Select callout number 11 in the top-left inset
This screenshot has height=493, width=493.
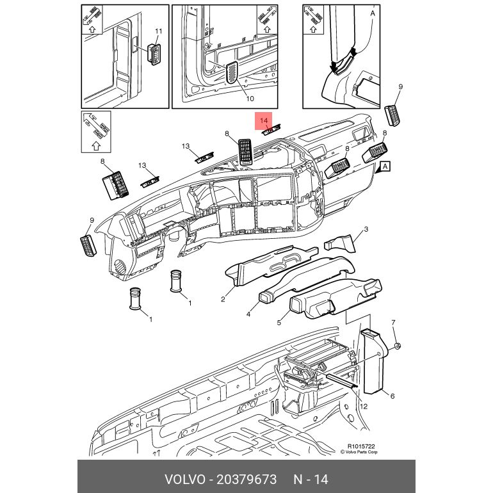(x=159, y=31)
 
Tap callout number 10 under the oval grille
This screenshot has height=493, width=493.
(x=249, y=99)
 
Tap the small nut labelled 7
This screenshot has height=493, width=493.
(x=398, y=346)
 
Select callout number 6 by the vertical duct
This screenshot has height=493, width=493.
(x=392, y=396)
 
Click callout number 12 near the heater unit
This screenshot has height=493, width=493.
(x=363, y=405)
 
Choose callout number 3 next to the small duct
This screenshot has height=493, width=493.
(x=366, y=229)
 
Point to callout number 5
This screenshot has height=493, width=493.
(x=279, y=322)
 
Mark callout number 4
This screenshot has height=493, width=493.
(x=248, y=314)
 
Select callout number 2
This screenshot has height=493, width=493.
(x=223, y=299)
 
